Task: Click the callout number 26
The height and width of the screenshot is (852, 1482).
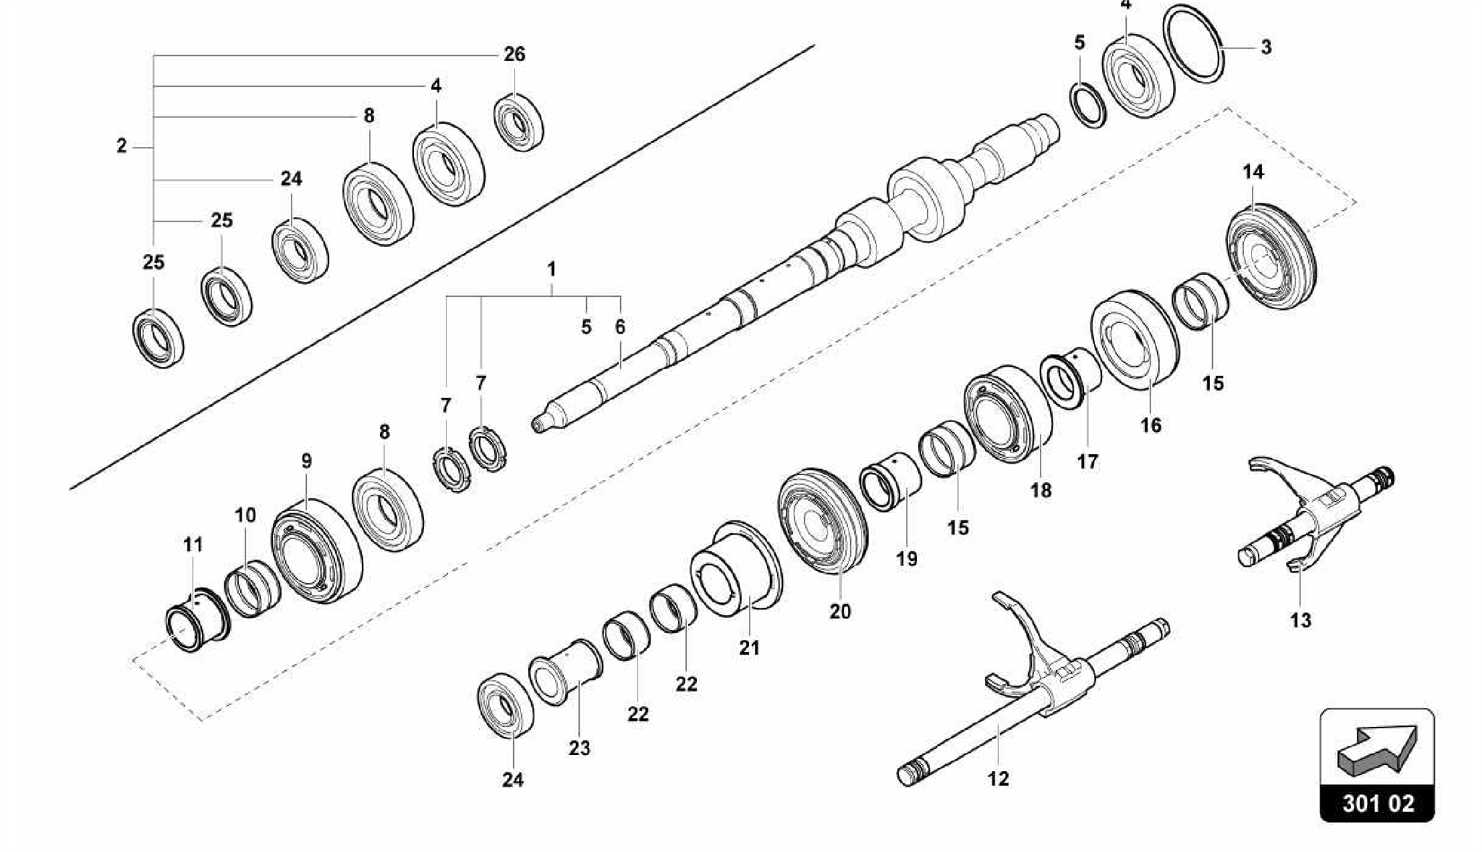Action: click(x=515, y=54)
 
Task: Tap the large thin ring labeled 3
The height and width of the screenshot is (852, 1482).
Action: click(x=1194, y=43)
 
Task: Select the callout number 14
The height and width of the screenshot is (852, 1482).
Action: click(x=1253, y=172)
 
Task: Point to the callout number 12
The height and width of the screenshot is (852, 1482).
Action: click(x=998, y=779)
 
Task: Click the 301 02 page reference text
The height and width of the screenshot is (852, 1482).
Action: click(x=1378, y=804)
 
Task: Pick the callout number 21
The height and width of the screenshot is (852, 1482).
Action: click(x=749, y=648)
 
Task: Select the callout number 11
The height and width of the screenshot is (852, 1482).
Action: click(x=193, y=544)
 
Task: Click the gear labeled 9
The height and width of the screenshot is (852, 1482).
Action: click(x=316, y=549)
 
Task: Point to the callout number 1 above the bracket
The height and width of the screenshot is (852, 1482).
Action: click(x=551, y=270)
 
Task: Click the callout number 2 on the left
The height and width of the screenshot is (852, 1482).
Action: click(x=122, y=146)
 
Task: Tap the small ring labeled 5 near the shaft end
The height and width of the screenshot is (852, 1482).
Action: click(x=1088, y=105)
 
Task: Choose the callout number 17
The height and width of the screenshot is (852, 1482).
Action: click(x=1088, y=461)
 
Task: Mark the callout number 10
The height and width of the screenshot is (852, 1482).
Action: click(x=245, y=515)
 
